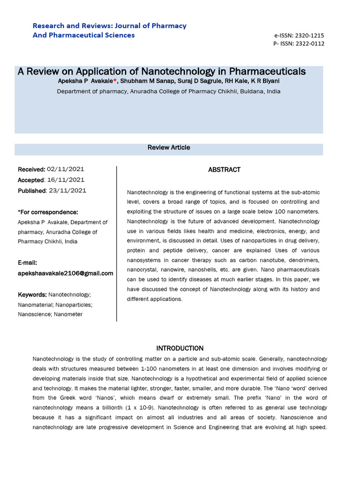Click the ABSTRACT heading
[224, 170]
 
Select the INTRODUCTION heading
[180, 348]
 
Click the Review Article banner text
[169, 148]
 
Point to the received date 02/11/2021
[66, 169]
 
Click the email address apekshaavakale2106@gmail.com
[66, 273]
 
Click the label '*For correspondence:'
[48, 212]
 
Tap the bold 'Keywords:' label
[32, 295]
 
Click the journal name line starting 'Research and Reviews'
[109, 26]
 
